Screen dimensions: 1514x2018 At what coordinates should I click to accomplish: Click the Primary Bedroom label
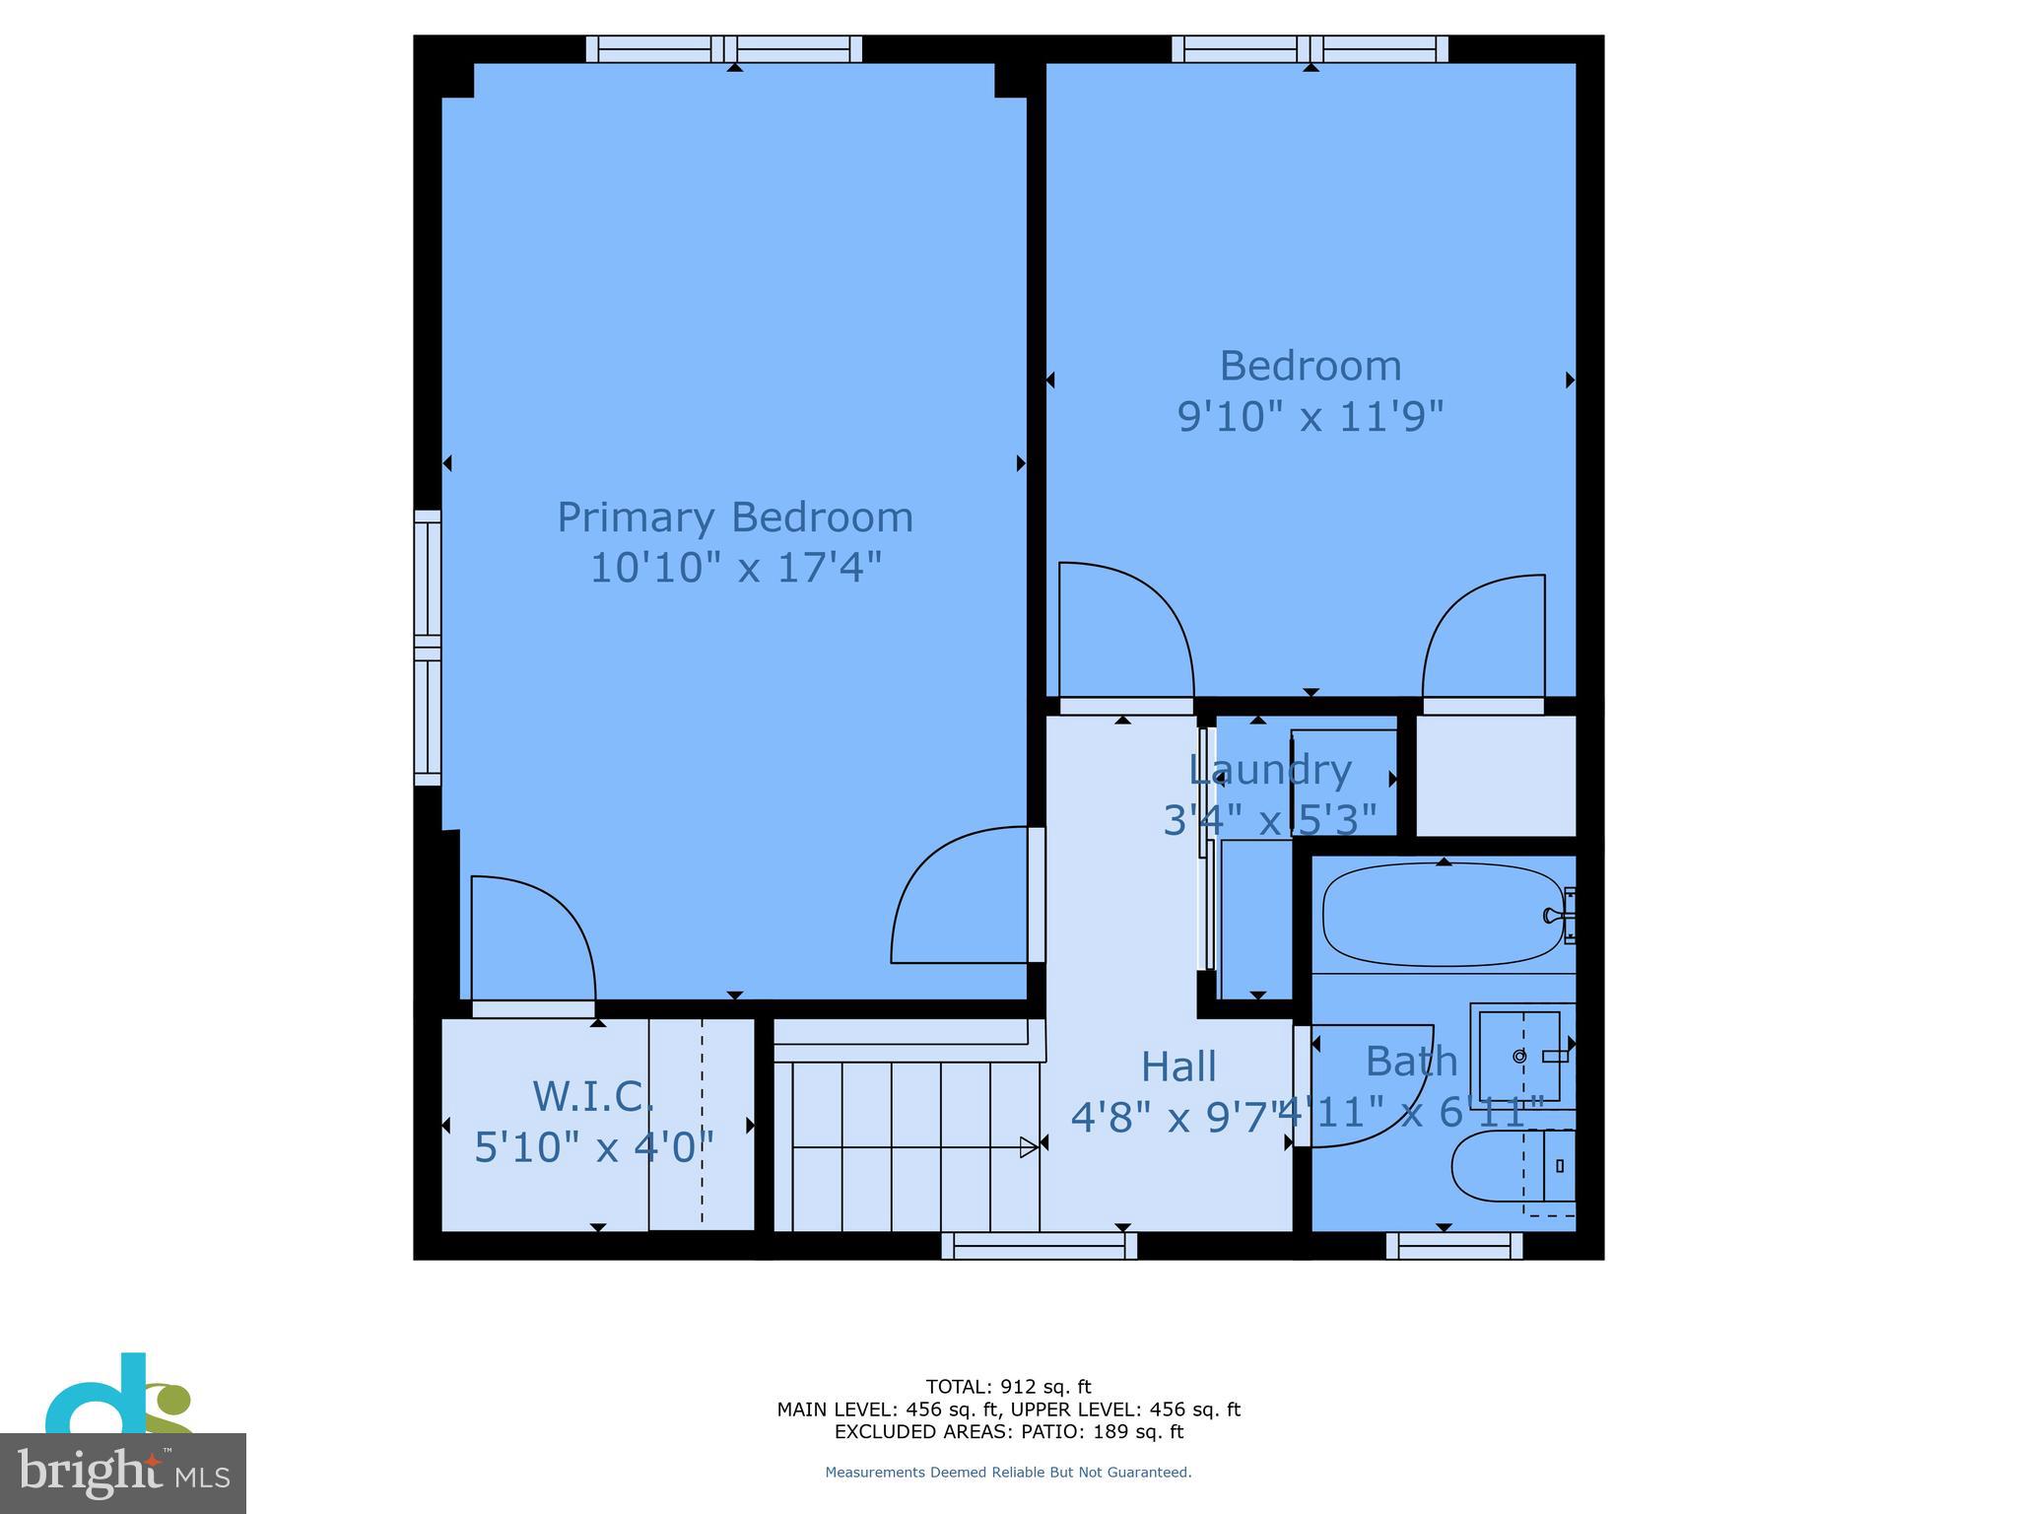tap(735, 517)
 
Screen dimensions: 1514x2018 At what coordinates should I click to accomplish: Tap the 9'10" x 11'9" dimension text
tap(1310, 417)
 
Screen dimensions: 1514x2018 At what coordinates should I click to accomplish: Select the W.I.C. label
tap(593, 1096)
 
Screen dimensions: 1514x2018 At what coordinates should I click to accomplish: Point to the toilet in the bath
tap(1513, 1166)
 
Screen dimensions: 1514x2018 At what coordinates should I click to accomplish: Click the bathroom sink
tap(1519, 1056)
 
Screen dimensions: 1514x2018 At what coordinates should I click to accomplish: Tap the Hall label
tap(1178, 1067)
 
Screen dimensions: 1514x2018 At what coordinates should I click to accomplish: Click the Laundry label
tap(1269, 770)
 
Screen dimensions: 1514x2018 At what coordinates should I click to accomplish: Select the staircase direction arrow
tap(1028, 1147)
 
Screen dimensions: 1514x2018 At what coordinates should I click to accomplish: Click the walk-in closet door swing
tap(532, 936)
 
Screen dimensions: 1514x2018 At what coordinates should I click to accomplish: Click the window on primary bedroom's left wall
tap(427, 648)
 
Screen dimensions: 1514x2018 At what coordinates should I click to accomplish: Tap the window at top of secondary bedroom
tap(1310, 49)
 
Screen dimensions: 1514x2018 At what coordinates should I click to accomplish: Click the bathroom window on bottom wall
tap(1453, 1247)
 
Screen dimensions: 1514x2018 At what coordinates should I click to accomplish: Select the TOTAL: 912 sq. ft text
tap(1008, 1387)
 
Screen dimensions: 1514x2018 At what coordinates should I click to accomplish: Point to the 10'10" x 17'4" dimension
tap(735, 568)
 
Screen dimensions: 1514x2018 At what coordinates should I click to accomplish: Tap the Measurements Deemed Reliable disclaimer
tap(1008, 1473)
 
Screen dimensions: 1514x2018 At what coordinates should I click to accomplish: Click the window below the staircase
tap(1039, 1247)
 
